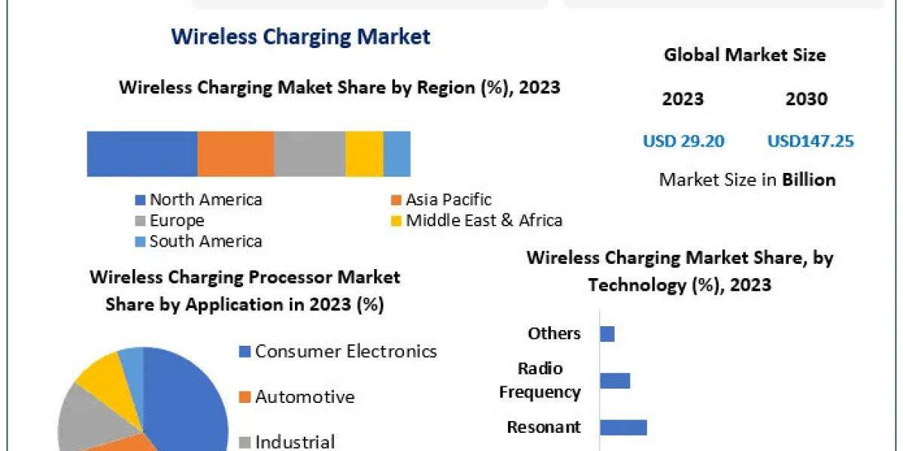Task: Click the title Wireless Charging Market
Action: [301, 36]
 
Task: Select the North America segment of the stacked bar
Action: [142, 154]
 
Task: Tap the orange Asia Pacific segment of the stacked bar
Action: [236, 154]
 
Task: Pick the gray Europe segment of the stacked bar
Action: [309, 154]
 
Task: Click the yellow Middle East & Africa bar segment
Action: [364, 154]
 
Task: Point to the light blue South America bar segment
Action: [397, 154]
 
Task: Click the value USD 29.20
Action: [683, 141]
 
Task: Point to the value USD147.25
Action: [810, 141]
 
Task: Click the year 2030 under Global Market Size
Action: [807, 99]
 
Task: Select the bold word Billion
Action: [808, 180]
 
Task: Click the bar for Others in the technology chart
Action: [607, 334]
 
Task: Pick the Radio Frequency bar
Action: [615, 380]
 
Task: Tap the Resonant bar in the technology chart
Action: [623, 427]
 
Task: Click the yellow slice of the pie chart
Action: [100, 371]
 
